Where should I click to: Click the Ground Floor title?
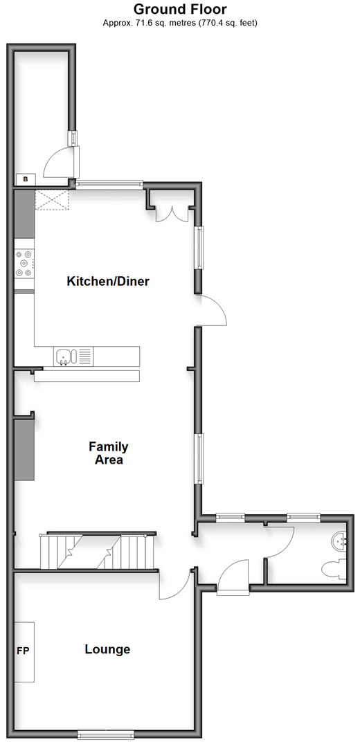coord(180,9)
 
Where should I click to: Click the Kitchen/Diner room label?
coord(108,281)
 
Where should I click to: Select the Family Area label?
coord(108,453)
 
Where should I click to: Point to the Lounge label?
coord(107,649)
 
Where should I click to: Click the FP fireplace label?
coord(24,651)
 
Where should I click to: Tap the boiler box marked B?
coord(26,179)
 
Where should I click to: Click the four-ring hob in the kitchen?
coord(24,264)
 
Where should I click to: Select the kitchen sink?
coord(66,356)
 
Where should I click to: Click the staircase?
coord(98,552)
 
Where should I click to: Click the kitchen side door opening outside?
coord(211,310)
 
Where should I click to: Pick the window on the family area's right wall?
coord(200,458)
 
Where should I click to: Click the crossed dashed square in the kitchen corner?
coord(52,200)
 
